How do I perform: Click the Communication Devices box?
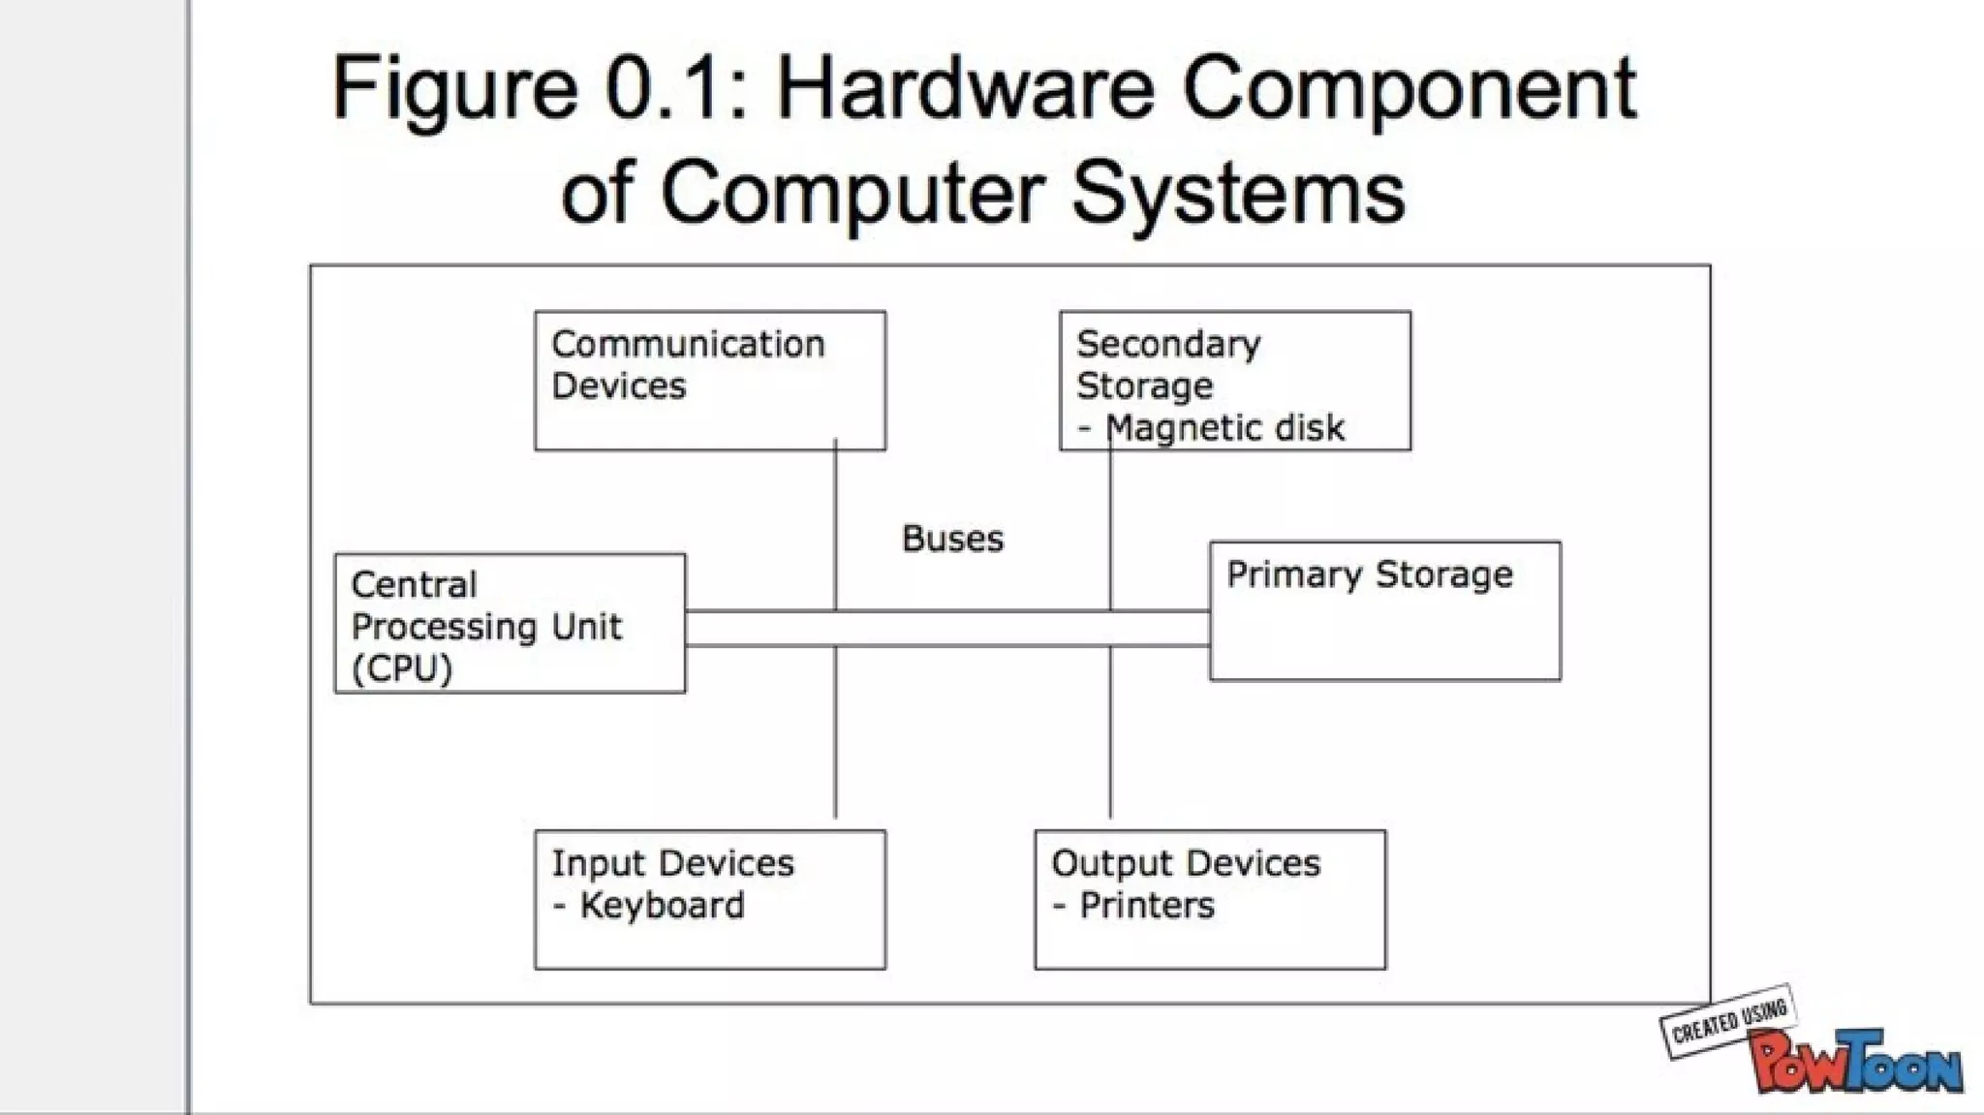click(x=709, y=381)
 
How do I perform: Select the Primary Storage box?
click(x=1384, y=611)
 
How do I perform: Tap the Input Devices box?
click(x=709, y=899)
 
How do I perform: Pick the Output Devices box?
click(x=1209, y=899)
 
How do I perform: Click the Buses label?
click(x=952, y=539)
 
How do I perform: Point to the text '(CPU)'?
click(x=402, y=669)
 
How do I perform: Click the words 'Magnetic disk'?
click(x=1224, y=427)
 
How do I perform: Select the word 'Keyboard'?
click(x=663, y=906)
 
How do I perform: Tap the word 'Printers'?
click(x=1147, y=906)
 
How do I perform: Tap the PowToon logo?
click(x=1855, y=1063)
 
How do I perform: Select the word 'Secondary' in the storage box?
click(x=1168, y=344)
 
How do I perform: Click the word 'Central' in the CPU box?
click(x=414, y=585)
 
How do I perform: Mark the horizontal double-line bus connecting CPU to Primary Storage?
click(x=946, y=629)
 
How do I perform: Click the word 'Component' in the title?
click(x=1409, y=89)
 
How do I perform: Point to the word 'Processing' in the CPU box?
click(x=445, y=627)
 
